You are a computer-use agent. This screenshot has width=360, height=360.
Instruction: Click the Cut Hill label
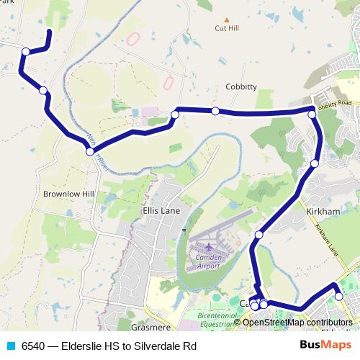[227, 29]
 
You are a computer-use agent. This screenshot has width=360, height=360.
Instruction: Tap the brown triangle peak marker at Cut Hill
[227, 19]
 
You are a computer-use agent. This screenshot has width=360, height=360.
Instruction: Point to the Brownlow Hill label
[68, 194]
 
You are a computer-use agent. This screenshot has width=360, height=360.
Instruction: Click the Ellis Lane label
[161, 211]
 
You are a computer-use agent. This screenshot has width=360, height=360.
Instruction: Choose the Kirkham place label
[323, 211]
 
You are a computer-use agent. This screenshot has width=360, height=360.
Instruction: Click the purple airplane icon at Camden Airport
[209, 247]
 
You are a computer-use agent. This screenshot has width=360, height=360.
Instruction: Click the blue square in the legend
[11, 346]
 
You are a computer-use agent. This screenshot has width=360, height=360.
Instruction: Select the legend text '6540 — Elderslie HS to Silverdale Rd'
[109, 346]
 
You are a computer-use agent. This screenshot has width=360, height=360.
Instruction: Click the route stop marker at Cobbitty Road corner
[312, 114]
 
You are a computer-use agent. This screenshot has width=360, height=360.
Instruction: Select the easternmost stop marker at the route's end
[339, 296]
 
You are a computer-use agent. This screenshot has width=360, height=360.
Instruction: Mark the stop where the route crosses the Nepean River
[89, 151]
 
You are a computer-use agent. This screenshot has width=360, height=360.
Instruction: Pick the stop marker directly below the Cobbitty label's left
[215, 110]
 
